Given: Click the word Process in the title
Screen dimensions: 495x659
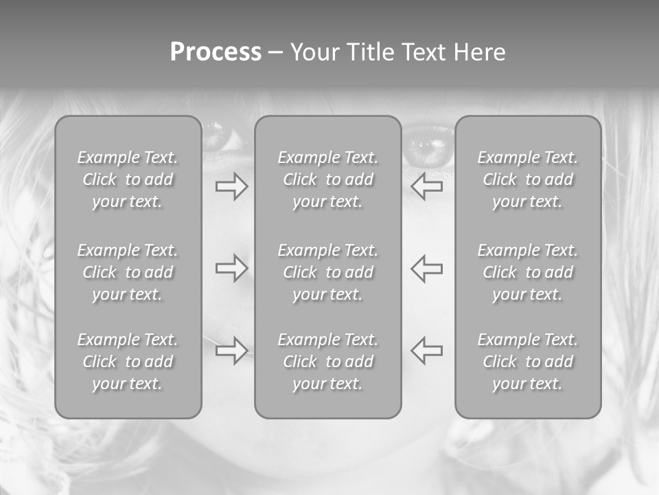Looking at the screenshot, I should tap(216, 52).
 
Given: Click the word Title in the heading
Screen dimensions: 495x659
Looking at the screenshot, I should tap(370, 52).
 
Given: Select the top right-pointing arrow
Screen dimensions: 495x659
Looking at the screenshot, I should tap(231, 186).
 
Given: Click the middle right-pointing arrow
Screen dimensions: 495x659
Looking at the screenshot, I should tap(231, 268).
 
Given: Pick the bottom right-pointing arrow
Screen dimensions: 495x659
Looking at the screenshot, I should tap(231, 351).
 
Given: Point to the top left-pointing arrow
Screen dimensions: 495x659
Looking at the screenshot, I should tap(427, 186).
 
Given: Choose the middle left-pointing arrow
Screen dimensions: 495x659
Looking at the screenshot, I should tap(427, 268).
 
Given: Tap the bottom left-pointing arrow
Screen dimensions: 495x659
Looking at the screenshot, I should tap(427, 351).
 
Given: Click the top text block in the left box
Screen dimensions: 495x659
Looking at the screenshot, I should tap(128, 179).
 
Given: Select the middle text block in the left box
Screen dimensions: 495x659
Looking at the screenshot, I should tap(128, 272).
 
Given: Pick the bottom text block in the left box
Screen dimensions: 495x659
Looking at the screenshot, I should tap(128, 362).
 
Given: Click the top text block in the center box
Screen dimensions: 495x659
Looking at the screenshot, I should tap(327, 179).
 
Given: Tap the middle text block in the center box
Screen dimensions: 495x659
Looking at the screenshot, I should tap(327, 272).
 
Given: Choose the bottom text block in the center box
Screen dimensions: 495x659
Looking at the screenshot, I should tap(327, 362).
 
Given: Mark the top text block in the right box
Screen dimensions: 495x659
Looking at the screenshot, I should tap(527, 179).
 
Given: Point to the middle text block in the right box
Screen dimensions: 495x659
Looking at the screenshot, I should tap(527, 272).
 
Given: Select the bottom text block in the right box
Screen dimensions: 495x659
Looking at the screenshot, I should tap(527, 362).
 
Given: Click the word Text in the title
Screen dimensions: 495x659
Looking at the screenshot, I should tap(421, 52).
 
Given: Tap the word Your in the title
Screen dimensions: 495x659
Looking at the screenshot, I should tap(314, 52).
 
